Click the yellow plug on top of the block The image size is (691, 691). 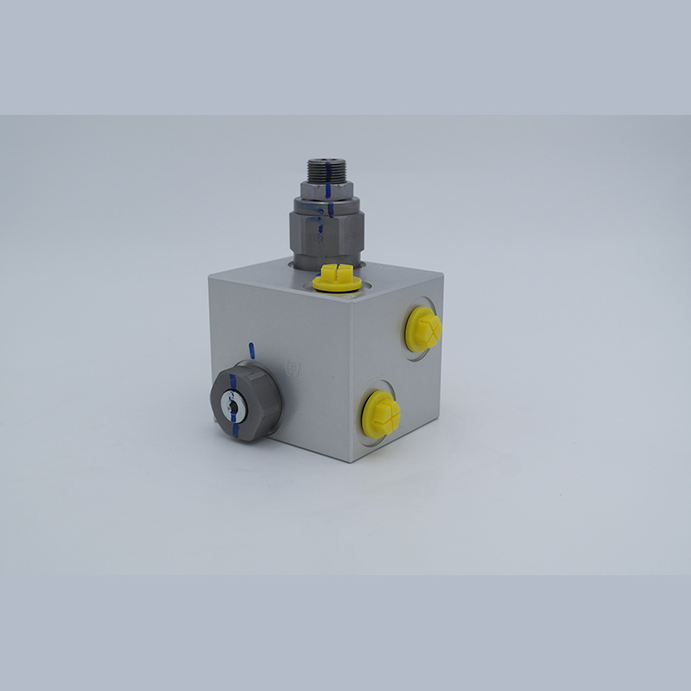[x=335, y=279]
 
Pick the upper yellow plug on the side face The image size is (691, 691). [x=423, y=329]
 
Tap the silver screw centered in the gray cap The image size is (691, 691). [x=231, y=403]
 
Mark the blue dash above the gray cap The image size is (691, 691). [x=250, y=350]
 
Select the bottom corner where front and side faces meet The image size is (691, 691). [x=349, y=461]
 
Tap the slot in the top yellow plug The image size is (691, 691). [x=335, y=276]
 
